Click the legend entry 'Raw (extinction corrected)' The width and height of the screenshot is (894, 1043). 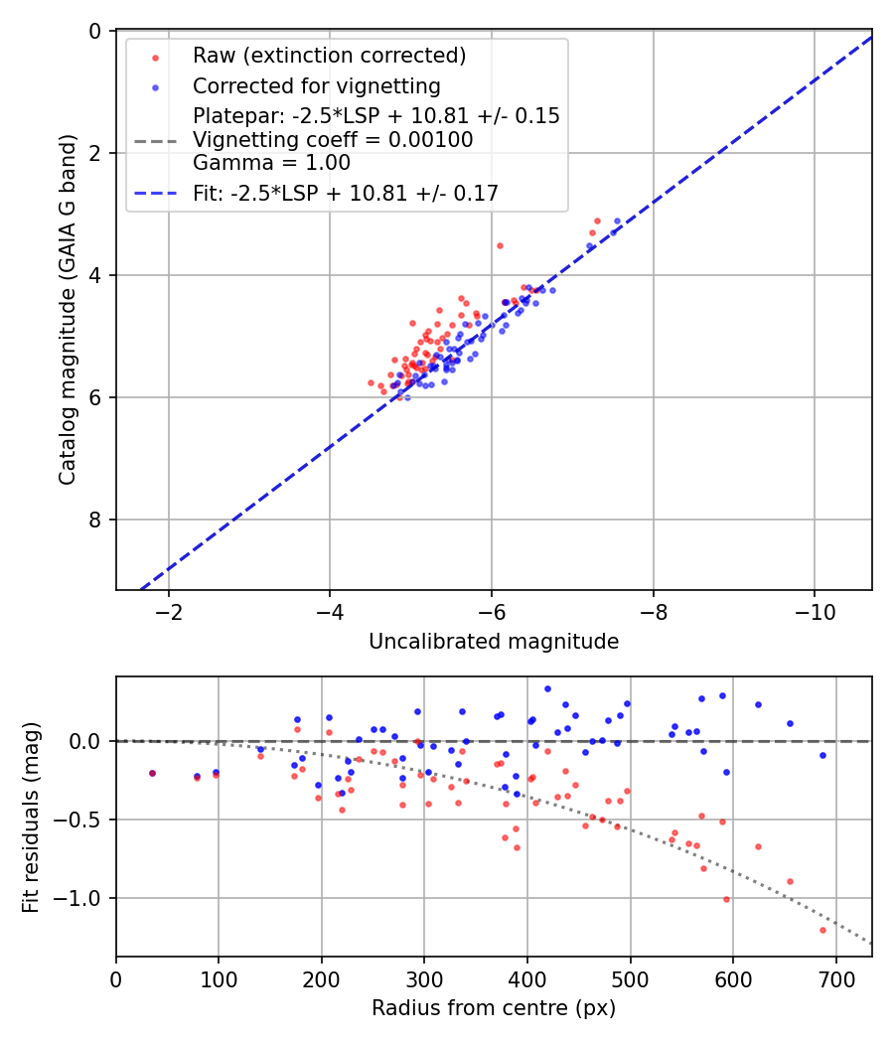click(x=329, y=55)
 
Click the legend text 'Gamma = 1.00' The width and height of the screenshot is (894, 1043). click(x=271, y=162)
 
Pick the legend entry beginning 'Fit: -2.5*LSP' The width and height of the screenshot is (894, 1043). click(x=345, y=194)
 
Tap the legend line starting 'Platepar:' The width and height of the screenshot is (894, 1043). click(x=375, y=116)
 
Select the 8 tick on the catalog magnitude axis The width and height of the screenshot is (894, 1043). click(x=96, y=520)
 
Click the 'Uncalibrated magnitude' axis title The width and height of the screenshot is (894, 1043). click(x=494, y=642)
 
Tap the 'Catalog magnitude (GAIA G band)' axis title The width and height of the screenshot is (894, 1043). click(x=67, y=310)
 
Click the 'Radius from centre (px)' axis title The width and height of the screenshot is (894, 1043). click(x=494, y=1008)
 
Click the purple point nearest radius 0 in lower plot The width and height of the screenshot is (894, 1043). click(x=152, y=773)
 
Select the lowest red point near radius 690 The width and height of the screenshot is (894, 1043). click(x=822, y=930)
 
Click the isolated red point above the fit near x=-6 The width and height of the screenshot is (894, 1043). click(x=500, y=245)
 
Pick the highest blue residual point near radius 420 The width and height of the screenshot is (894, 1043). click(x=547, y=688)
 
